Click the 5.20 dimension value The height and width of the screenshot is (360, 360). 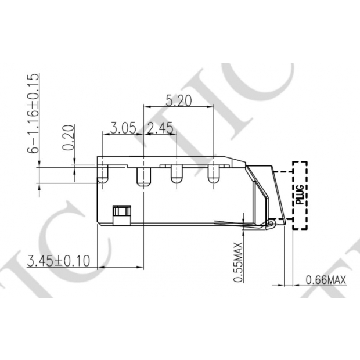179,100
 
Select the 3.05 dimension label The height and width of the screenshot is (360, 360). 123,128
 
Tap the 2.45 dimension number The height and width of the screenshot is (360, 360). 160,128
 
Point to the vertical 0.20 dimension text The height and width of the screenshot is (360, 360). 69,137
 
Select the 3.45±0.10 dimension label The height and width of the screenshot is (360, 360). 59,261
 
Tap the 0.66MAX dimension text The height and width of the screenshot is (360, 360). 326,280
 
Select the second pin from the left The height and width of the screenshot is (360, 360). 143,176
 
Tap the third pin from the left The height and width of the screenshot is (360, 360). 175,174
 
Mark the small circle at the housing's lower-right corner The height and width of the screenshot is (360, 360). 271,223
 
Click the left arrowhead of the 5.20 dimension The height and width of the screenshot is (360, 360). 146,106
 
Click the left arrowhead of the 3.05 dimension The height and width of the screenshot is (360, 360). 106,134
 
